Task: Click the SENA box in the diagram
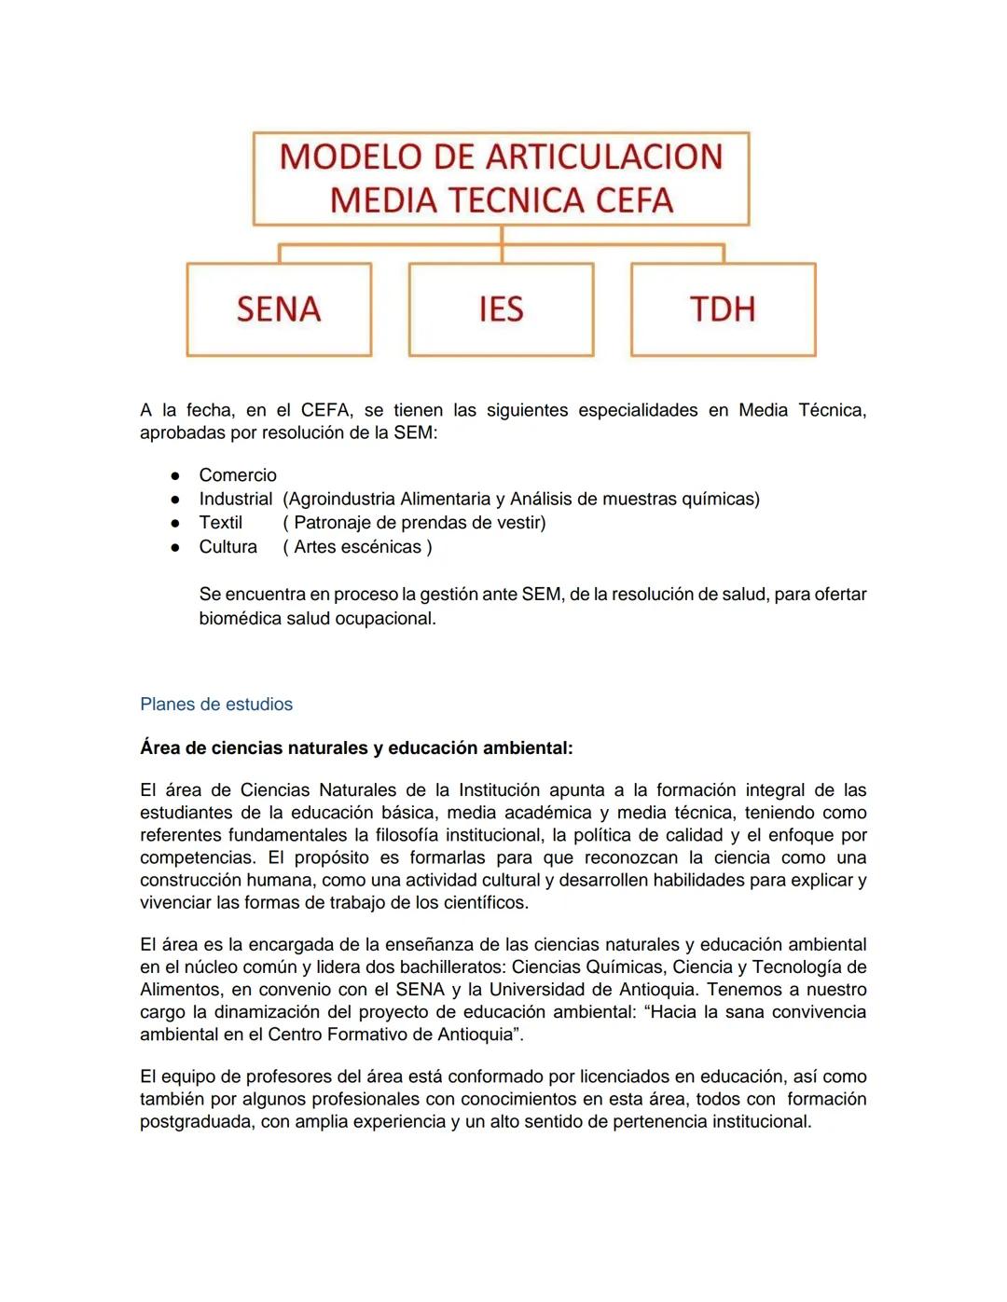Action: [x=279, y=309]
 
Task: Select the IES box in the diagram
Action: [x=501, y=309]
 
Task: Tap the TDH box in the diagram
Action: [x=723, y=309]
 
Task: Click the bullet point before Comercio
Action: [x=174, y=476]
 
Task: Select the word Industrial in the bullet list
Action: [x=235, y=499]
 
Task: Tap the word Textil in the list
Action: [x=220, y=523]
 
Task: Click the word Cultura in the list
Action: [x=228, y=547]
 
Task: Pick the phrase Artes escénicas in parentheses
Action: [x=358, y=547]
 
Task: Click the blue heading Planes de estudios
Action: [x=216, y=705]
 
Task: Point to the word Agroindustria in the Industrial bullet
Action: [x=341, y=499]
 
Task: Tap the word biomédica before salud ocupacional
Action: [x=240, y=619]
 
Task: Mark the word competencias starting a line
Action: [x=197, y=858]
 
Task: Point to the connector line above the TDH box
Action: [x=724, y=254]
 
